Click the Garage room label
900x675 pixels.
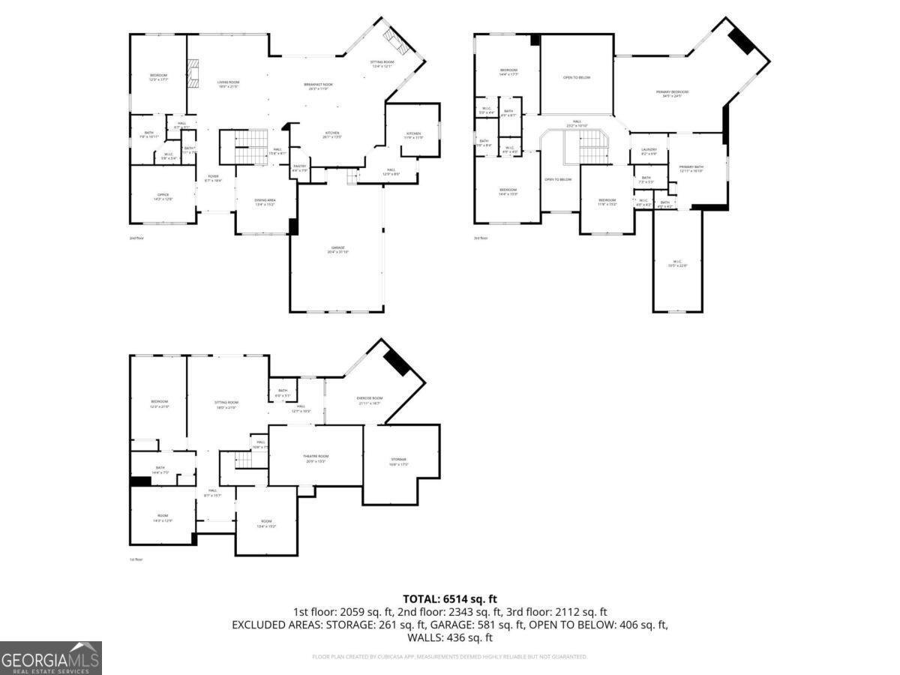337,249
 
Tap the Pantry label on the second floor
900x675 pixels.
299,168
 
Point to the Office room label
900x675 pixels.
163,196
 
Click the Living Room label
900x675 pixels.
228,84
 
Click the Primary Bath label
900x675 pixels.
691,168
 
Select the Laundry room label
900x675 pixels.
649,151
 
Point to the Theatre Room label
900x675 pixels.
316,458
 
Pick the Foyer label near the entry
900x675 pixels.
214,178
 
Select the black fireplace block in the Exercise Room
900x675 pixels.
396,362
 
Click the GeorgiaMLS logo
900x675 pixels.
50,658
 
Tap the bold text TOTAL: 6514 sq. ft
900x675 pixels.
450,598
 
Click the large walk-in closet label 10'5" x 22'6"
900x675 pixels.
677,264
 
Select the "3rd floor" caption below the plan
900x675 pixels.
480,238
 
